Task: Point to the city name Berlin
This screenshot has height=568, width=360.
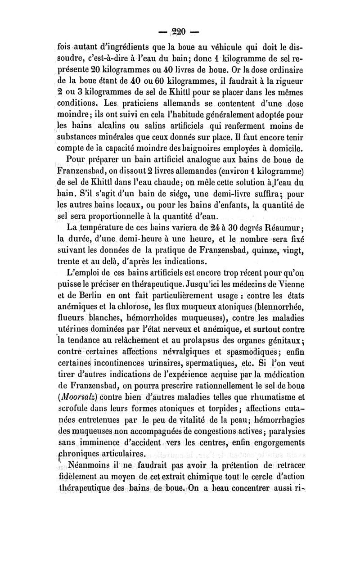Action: coord(93,297)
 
